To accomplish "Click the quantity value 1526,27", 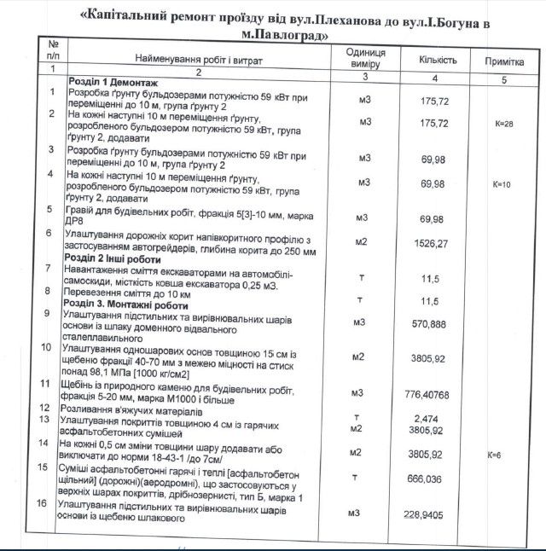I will (x=436, y=242).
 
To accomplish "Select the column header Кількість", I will (x=438, y=60).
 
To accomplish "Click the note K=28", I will (x=503, y=124).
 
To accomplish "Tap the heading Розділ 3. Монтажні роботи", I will (x=127, y=304).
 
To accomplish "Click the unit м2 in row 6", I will (x=361, y=242).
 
